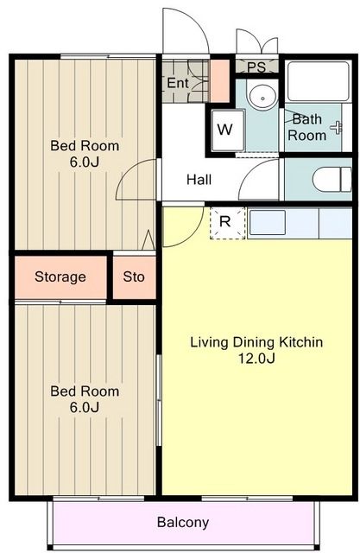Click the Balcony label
(x=183, y=522)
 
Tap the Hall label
(x=199, y=180)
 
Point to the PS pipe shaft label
(x=256, y=67)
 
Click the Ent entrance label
(x=178, y=83)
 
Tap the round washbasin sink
(x=263, y=95)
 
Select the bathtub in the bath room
(x=319, y=82)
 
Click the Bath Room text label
(x=307, y=127)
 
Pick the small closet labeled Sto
(x=134, y=277)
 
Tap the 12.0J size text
(x=256, y=358)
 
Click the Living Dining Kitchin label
(x=256, y=342)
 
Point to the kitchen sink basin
(x=268, y=223)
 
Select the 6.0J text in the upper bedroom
(x=85, y=162)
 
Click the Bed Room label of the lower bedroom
(x=85, y=391)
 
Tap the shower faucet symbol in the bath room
(x=338, y=127)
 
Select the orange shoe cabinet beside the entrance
(x=220, y=81)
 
